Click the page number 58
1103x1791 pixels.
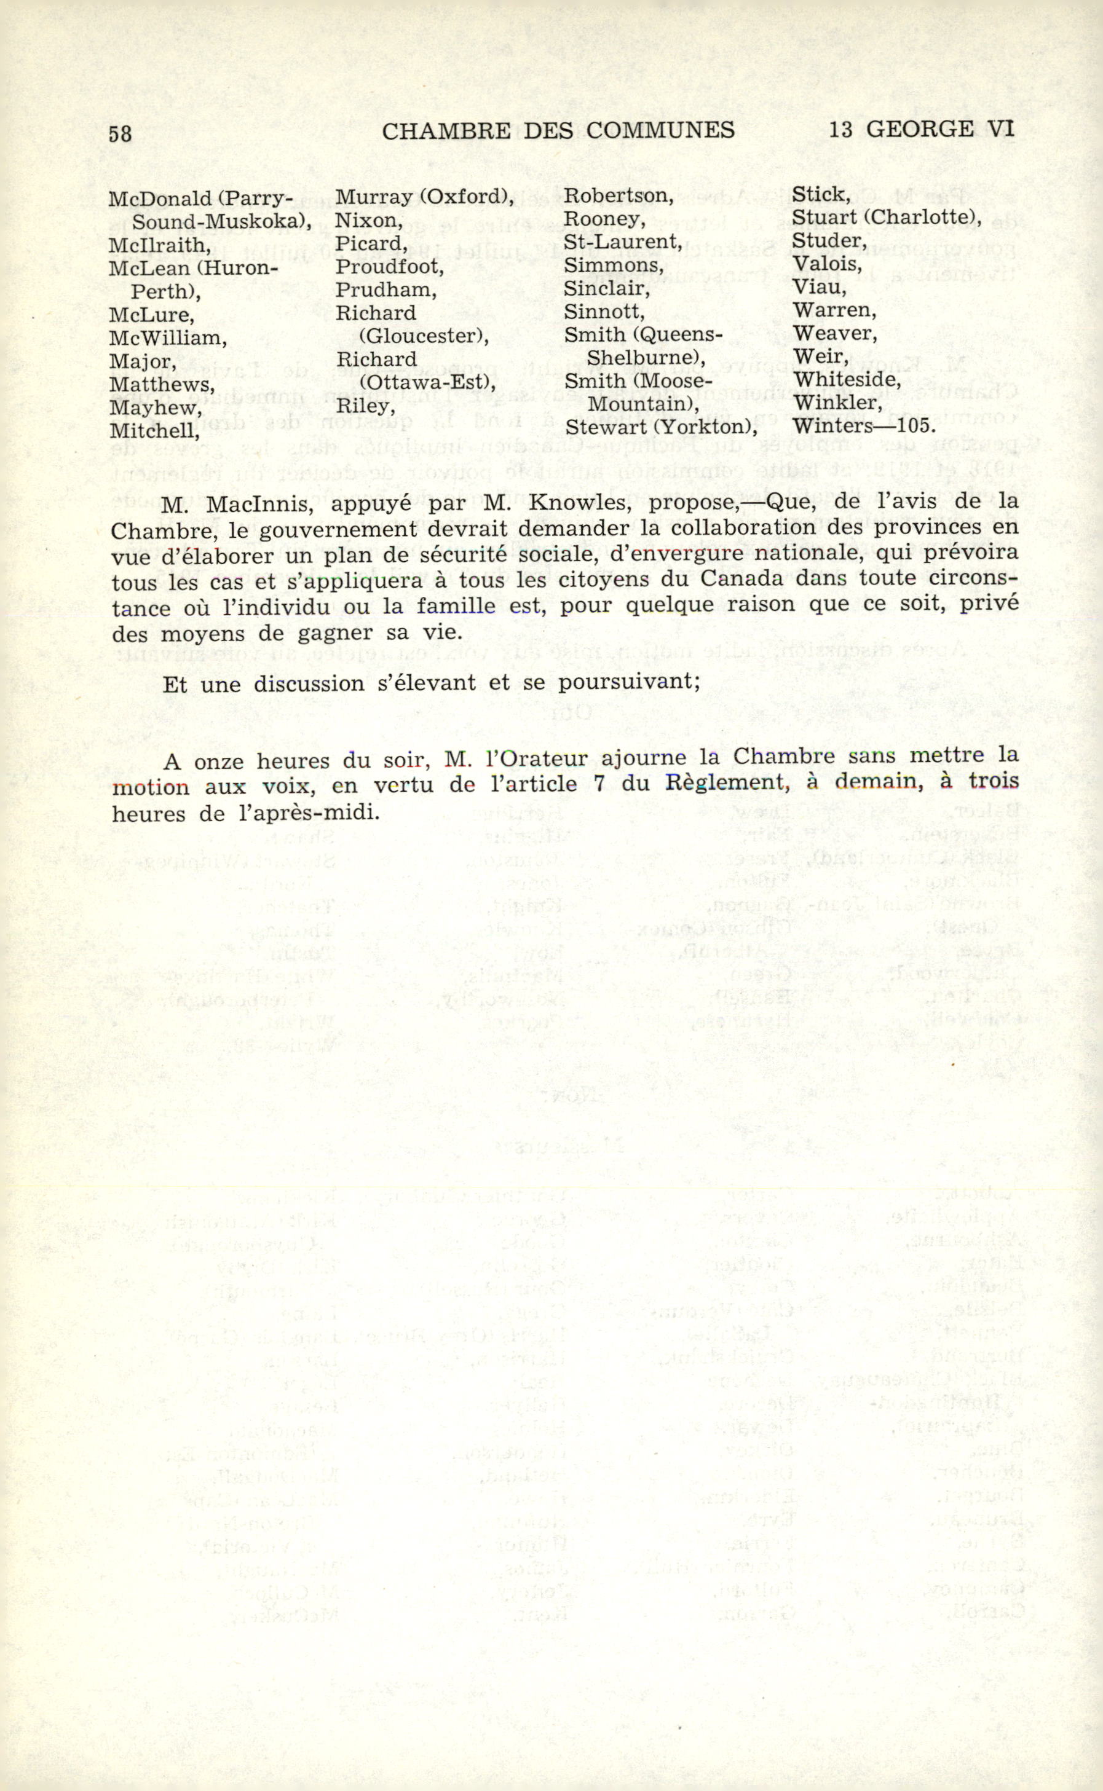(x=121, y=134)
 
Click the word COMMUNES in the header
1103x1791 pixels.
(x=660, y=130)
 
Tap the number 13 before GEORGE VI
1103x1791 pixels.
(x=840, y=130)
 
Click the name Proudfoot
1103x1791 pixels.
(x=389, y=267)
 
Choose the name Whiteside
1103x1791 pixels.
(x=846, y=380)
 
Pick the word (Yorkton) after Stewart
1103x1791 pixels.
(x=705, y=427)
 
